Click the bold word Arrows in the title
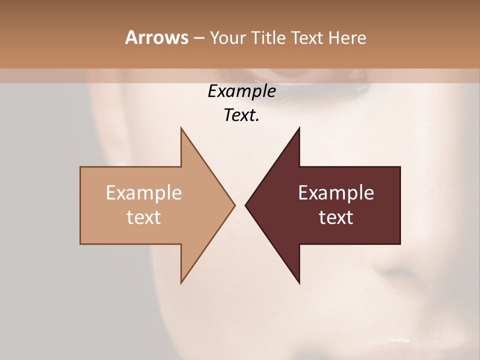[156, 37]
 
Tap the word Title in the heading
[267, 38]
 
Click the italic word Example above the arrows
[241, 91]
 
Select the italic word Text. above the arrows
[241, 115]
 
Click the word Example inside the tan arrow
[144, 193]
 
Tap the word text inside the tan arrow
[144, 217]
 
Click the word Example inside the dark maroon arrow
[336, 193]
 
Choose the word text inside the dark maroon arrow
[336, 217]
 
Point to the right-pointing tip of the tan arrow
[234, 205]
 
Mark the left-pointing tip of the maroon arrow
[245, 205]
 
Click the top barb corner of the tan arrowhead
[181, 128]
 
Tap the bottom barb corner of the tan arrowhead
[181, 282]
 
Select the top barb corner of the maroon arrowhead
[299, 128]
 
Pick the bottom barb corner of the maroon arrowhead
[299, 282]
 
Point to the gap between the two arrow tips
[240, 205]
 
